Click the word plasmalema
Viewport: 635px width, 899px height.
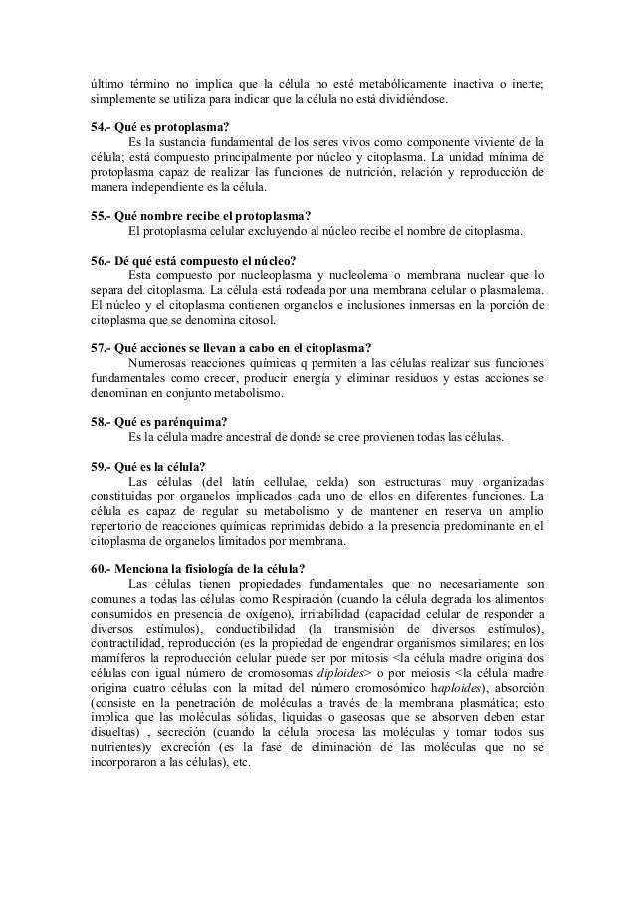click(x=511, y=291)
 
